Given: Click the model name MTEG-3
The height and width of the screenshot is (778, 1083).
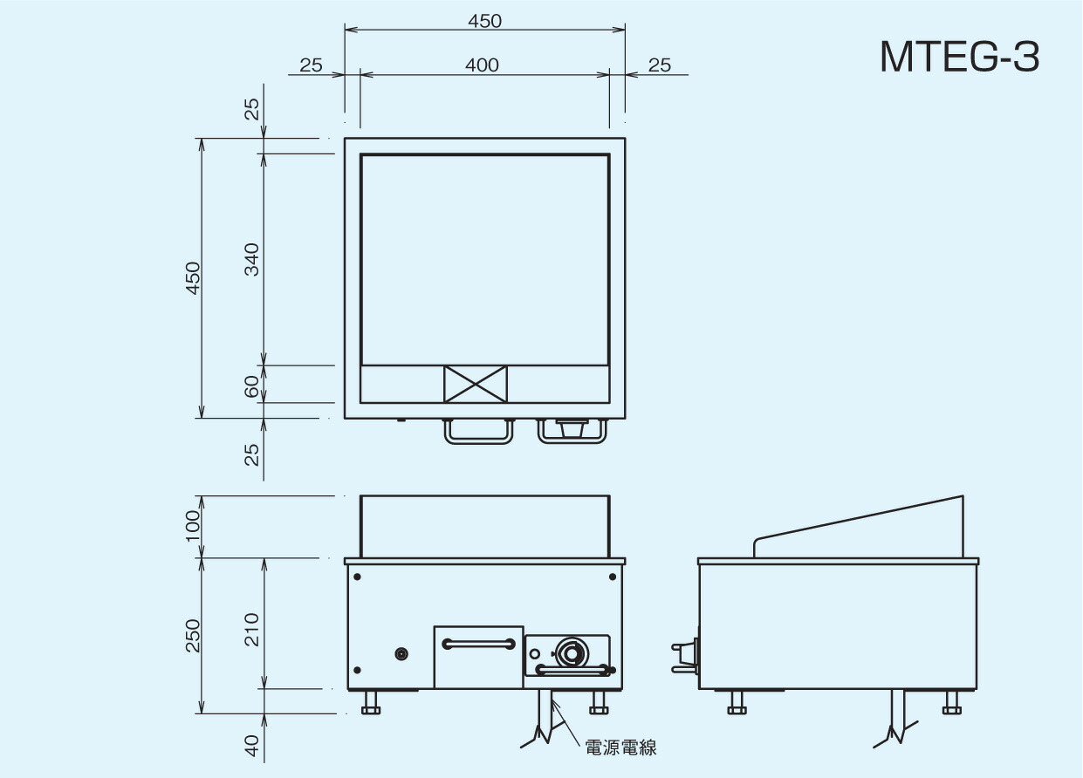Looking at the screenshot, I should click(959, 57).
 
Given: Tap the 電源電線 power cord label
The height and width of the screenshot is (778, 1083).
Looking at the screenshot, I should click(620, 747).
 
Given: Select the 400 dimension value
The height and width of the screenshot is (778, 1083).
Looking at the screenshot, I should click(482, 65).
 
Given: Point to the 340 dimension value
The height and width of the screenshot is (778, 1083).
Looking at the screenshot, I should click(251, 259).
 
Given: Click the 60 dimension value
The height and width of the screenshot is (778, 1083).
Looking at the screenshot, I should click(251, 385).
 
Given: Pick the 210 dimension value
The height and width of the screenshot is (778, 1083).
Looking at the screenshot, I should click(251, 629).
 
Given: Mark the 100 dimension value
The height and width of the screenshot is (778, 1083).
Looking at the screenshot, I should click(193, 526).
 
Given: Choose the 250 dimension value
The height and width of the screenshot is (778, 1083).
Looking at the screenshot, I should click(193, 635).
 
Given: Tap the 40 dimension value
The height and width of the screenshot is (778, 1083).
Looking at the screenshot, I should click(251, 744).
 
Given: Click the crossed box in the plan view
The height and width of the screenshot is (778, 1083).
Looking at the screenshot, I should click(476, 384).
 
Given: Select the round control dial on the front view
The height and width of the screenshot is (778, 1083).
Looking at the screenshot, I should click(572, 652).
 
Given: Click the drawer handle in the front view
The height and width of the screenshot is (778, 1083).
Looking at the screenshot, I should click(477, 644).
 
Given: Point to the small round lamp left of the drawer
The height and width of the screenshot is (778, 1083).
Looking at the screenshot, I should click(402, 653).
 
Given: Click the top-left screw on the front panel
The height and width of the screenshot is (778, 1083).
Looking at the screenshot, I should click(357, 577).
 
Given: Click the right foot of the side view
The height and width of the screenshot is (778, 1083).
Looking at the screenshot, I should click(951, 702).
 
